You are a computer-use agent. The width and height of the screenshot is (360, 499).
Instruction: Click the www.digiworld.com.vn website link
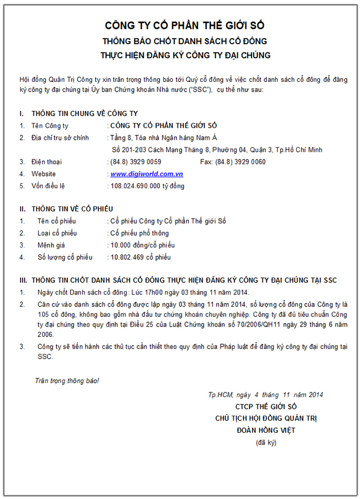[147, 174]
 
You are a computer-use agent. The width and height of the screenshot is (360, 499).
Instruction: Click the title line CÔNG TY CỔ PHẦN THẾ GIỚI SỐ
[185, 25]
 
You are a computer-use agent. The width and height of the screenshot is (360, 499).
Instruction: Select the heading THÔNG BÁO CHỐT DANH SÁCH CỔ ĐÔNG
[185, 41]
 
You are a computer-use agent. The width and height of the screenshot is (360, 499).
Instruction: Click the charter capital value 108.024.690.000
[136, 186]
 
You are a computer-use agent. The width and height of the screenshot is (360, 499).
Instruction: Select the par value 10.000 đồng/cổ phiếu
[142, 245]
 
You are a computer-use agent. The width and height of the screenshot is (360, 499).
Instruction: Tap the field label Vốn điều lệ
[48, 186]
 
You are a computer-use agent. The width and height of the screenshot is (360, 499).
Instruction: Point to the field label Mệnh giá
[51, 245]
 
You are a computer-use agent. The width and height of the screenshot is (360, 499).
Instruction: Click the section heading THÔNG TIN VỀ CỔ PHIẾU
[72, 209]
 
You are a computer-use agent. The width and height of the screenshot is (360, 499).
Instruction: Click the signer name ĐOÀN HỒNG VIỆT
[266, 430]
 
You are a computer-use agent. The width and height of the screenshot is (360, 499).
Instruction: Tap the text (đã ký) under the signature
[266, 442]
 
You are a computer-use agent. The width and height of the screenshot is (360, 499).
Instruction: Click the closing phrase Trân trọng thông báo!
[67, 381]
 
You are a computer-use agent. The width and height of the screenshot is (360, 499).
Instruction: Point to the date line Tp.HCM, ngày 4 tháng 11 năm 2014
[265, 395]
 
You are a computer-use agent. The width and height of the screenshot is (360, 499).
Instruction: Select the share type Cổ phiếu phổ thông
[139, 234]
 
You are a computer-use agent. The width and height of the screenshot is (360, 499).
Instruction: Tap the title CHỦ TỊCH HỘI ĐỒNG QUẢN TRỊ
[266, 418]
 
